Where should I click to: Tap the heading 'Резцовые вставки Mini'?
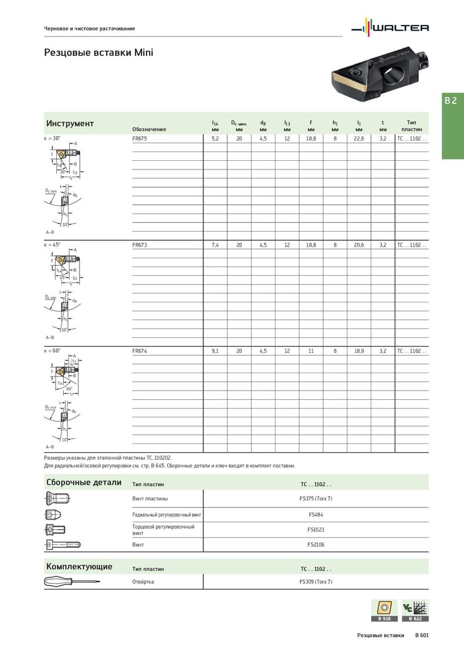pos(99,53)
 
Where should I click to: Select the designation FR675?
pos(140,139)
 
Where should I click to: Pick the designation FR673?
pos(140,246)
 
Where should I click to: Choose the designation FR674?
pos(140,351)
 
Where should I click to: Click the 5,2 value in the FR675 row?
pos(215,139)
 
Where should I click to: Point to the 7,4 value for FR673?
pos(215,246)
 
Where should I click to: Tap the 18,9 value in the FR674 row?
pos(358,351)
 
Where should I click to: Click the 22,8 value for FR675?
pos(358,139)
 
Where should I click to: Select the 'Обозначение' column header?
pos(149,129)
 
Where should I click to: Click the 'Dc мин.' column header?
pos(239,123)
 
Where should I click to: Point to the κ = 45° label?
pos(52,245)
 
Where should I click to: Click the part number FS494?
pos(316,514)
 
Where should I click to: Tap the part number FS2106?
pos(316,545)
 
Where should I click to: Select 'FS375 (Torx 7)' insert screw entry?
pos(316,499)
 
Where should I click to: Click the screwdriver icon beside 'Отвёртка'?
pos(72,582)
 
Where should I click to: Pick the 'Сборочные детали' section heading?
pos(84,482)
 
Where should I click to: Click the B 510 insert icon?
pos(383,610)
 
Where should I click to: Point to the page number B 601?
pos(422,636)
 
